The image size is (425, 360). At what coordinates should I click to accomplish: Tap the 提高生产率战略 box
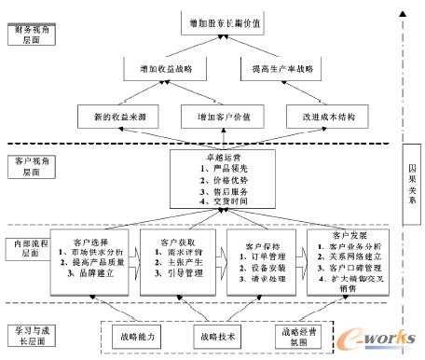pyautogui.click(x=271, y=69)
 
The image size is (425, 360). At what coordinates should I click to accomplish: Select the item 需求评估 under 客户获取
pyautogui.click(x=175, y=251)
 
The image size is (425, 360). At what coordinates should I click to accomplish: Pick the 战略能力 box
pyautogui.click(x=138, y=332)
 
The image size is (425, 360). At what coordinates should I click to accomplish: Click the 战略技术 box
pyautogui.click(x=217, y=332)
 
